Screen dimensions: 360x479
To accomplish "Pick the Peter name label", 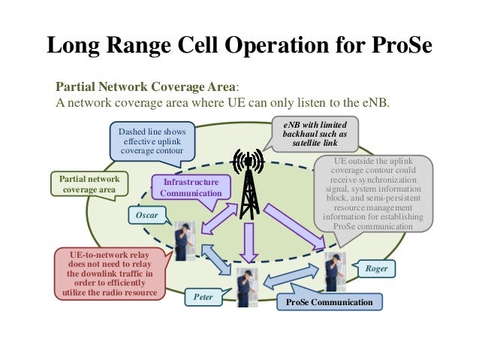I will coord(203,298).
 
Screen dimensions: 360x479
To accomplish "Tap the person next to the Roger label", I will coord(333,271).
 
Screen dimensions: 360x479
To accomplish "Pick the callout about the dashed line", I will coord(152,141).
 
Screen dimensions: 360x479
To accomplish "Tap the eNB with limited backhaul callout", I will coord(315,133).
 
